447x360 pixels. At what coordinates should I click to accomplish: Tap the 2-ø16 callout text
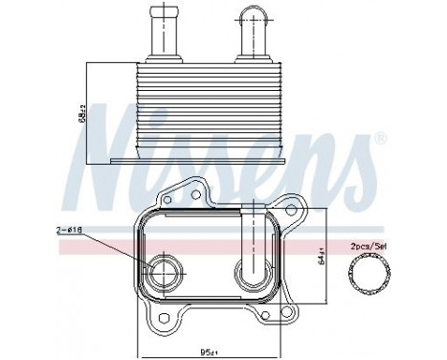[70, 230]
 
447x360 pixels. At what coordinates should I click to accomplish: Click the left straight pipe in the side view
[158, 34]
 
